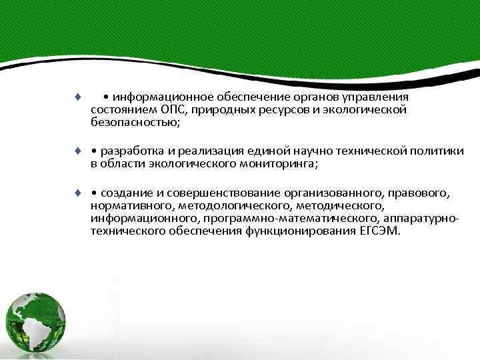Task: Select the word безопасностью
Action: (135, 123)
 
